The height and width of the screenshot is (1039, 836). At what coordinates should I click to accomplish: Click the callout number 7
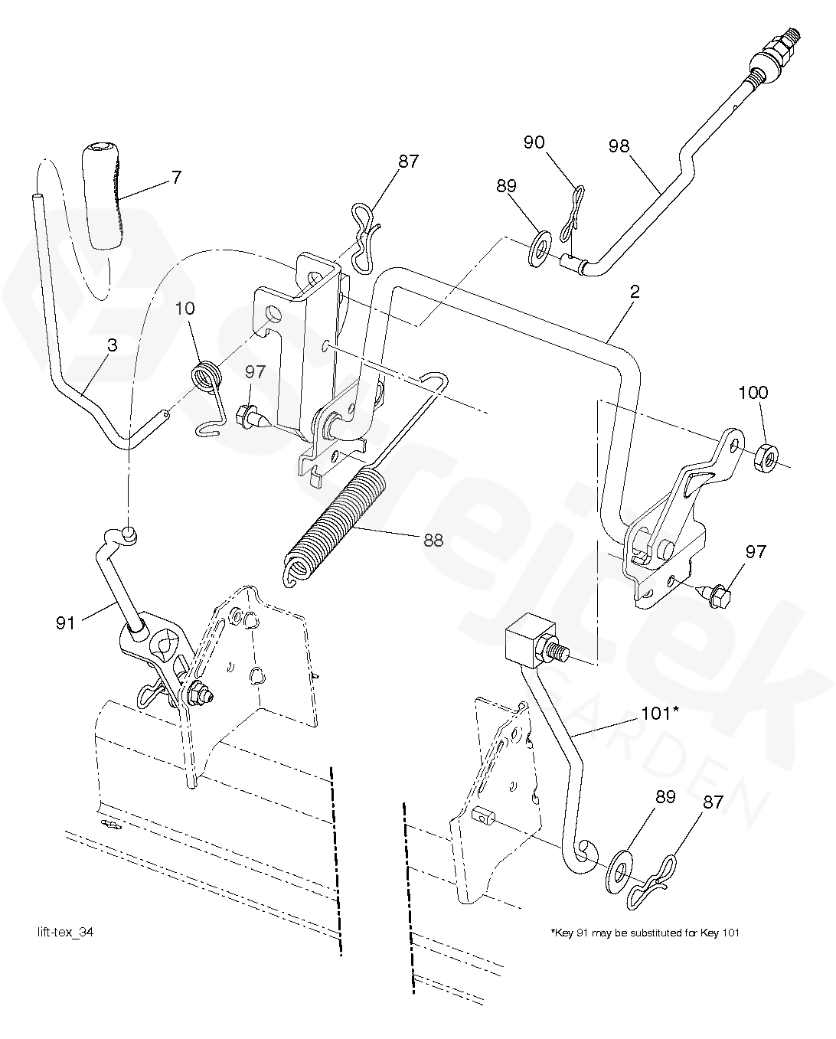pyautogui.click(x=177, y=177)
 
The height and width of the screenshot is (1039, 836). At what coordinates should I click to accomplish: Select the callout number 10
pyautogui.click(x=185, y=308)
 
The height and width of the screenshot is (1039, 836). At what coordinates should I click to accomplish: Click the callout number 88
pyautogui.click(x=433, y=541)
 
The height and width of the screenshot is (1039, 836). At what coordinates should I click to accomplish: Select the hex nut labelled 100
pyautogui.click(x=766, y=458)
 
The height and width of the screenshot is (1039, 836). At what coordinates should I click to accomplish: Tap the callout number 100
pyautogui.click(x=753, y=393)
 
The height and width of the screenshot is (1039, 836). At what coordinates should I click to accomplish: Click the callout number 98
pyautogui.click(x=619, y=145)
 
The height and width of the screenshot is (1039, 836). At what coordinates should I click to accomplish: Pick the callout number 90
pyautogui.click(x=534, y=142)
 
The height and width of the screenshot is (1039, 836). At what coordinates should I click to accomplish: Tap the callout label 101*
pyautogui.click(x=660, y=713)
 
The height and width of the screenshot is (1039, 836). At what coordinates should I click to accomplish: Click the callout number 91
pyautogui.click(x=66, y=623)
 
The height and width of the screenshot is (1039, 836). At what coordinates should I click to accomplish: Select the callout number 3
pyautogui.click(x=112, y=345)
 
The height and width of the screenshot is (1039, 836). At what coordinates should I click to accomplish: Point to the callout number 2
pyautogui.click(x=635, y=292)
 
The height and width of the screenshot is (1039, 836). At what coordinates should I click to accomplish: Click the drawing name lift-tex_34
pyautogui.click(x=66, y=932)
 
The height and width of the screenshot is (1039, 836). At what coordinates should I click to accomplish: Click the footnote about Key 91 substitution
pyautogui.click(x=645, y=933)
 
